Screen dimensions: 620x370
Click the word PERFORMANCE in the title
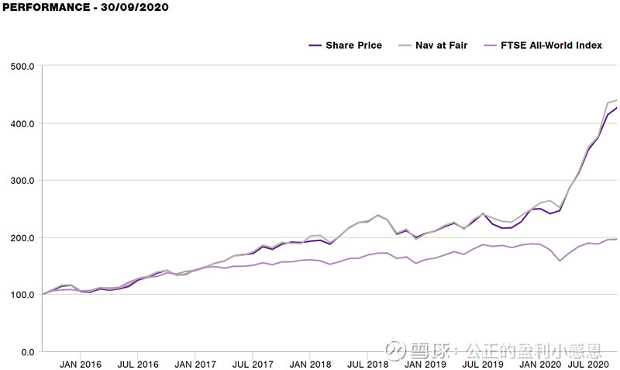46,7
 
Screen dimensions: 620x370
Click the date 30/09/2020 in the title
134,7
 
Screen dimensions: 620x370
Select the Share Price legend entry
346,46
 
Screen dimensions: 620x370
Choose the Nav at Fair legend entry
433,46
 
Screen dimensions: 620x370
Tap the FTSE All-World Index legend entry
543,46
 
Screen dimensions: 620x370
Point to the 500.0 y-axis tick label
22,67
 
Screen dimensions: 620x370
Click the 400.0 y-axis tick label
22,124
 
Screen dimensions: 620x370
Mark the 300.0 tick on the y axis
22,181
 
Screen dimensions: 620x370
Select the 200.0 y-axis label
22,238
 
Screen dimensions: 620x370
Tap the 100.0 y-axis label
22,295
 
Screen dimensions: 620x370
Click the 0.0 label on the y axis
28,352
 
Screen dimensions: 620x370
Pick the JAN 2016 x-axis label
81,365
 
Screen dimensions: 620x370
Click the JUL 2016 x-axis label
138,365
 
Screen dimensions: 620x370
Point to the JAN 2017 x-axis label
195,365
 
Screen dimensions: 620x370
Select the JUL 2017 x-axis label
253,365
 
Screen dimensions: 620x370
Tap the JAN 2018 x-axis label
311,365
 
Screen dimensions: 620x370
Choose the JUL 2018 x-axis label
367,365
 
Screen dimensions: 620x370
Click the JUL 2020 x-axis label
588,365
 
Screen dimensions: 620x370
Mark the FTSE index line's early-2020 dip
560,261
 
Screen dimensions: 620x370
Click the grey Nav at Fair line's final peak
616,100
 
